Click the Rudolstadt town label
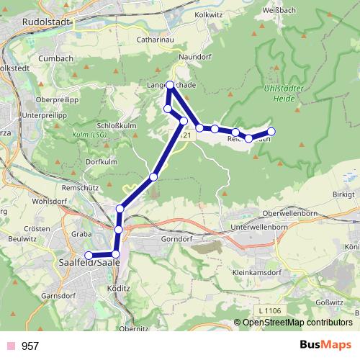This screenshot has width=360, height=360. click(x=47, y=22)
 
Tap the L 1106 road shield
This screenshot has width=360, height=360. click(x=269, y=310)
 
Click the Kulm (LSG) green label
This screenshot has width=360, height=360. click(x=88, y=134)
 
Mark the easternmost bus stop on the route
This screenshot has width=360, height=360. click(x=272, y=131)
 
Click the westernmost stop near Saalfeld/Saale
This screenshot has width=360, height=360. click(x=89, y=256)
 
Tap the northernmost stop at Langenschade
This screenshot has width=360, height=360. click(x=170, y=84)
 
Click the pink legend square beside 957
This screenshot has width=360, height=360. click(x=11, y=346)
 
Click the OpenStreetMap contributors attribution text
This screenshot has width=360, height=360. click(x=297, y=323)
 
